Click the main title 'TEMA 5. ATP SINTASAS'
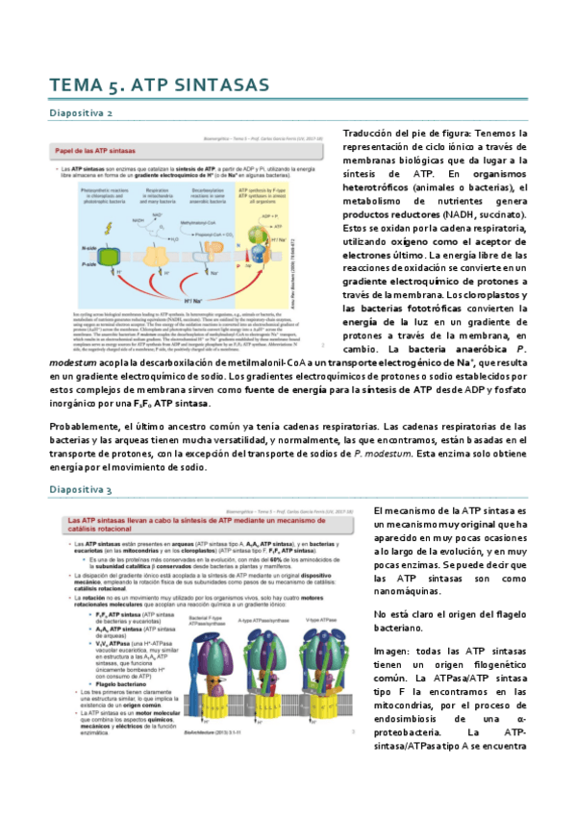[160, 87]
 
